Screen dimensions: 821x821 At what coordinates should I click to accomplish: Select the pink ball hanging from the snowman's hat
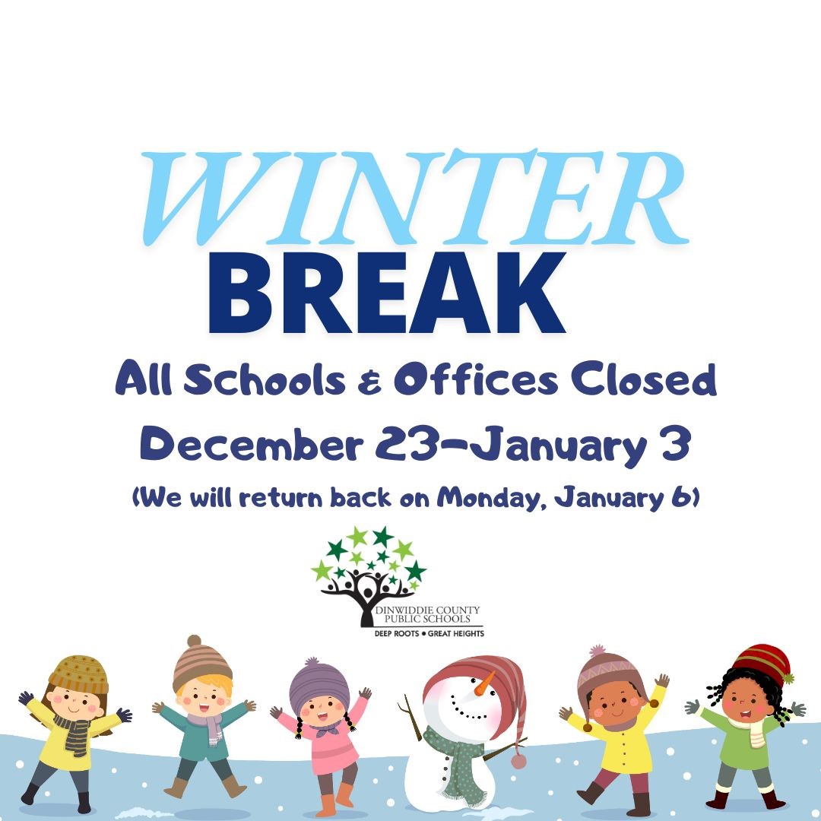tap(518, 759)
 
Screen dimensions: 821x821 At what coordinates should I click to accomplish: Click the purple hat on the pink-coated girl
tap(319, 682)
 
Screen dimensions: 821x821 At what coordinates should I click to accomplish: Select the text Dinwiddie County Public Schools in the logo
tap(430, 615)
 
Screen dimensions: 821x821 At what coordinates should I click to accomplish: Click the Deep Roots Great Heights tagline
tap(425, 632)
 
